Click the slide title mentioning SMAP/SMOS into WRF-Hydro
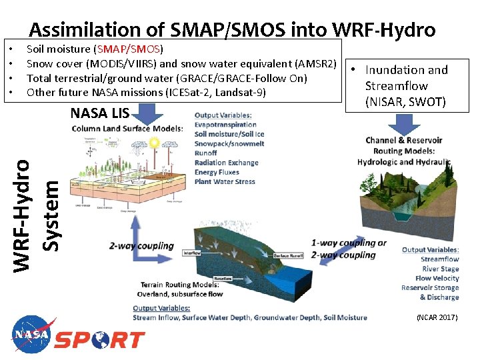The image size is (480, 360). coord(232,29)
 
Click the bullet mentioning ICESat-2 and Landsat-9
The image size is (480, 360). coord(145,92)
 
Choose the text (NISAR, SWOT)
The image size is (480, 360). coord(405,102)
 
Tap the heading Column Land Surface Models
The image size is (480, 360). coord(127,128)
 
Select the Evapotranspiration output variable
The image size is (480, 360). coord(225,125)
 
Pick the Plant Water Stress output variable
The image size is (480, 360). coord(225,181)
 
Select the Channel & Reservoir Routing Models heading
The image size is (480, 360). coord(405,146)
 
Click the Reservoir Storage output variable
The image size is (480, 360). coord(430,288)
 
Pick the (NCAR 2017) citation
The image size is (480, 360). coord(437,317)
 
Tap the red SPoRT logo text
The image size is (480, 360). coord(99,340)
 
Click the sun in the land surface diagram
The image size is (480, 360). coord(155,143)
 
